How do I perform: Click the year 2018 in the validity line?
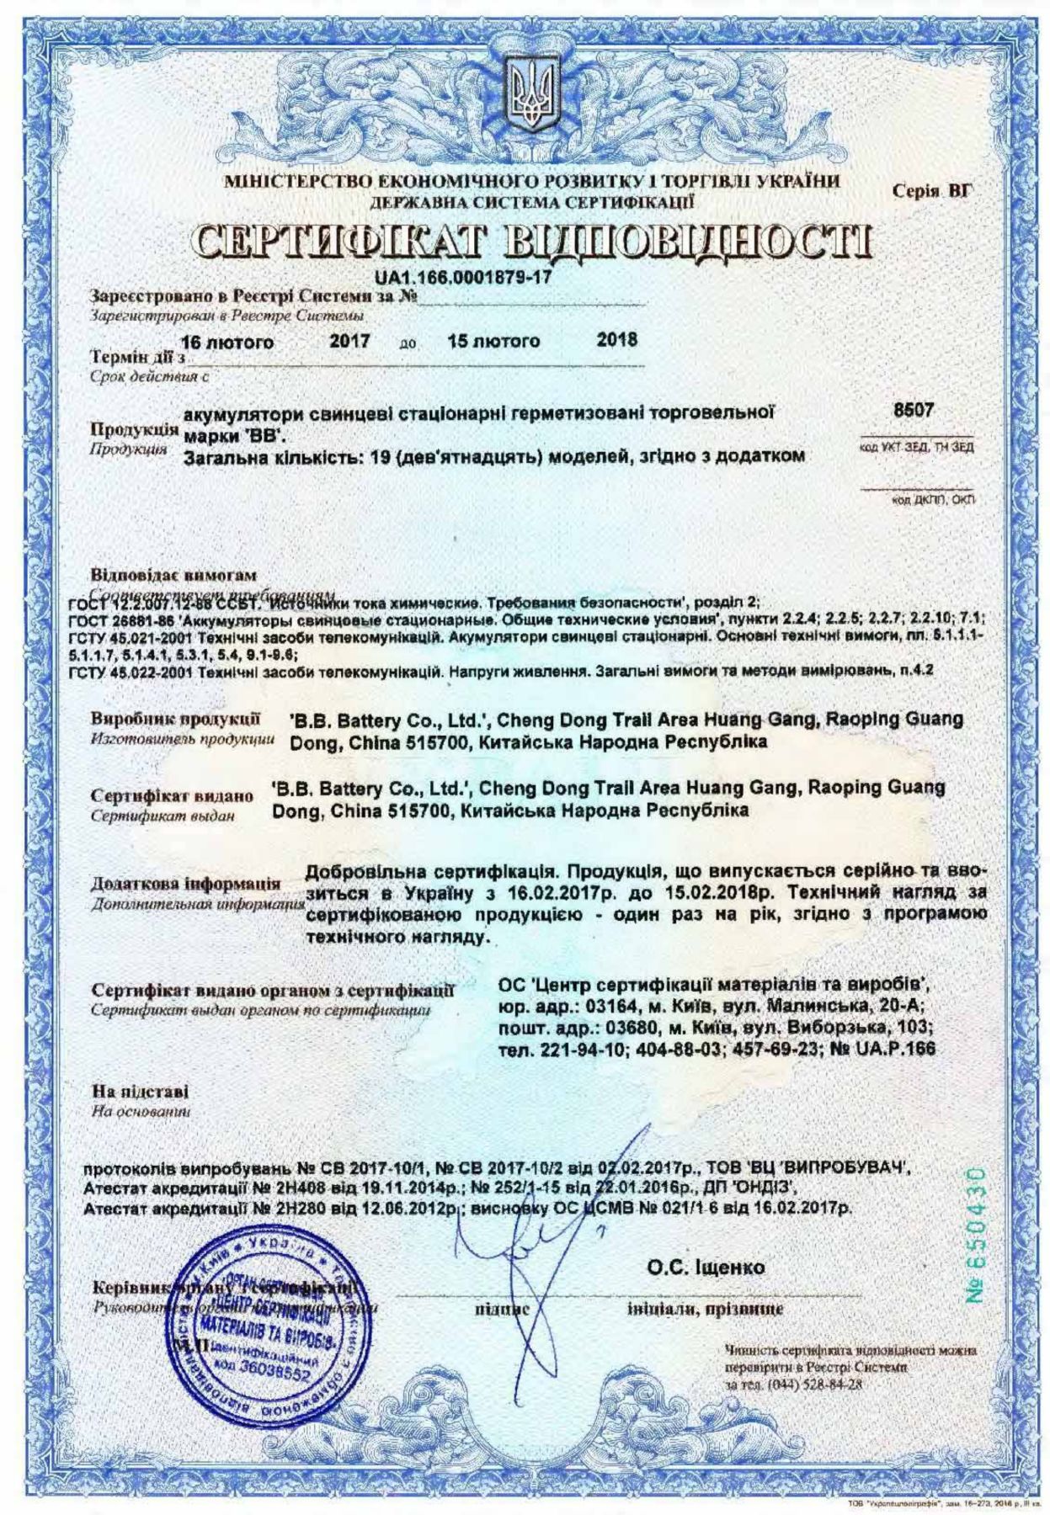pyautogui.click(x=616, y=341)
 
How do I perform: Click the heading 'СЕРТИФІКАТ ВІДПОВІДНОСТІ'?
pyautogui.click(x=529, y=240)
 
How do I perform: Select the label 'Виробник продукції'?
pyautogui.click(x=176, y=720)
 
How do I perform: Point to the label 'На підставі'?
pyautogui.click(x=140, y=1092)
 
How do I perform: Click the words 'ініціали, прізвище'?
pyautogui.click(x=705, y=1310)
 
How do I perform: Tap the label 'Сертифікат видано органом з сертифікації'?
pyautogui.click(x=272, y=991)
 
